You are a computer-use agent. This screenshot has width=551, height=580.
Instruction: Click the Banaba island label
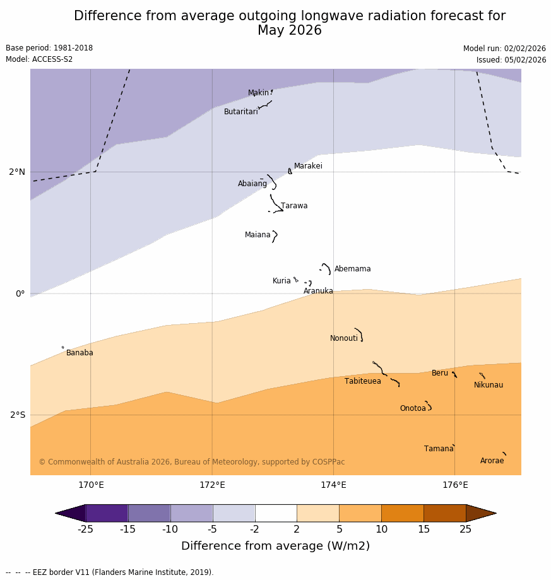click(80, 353)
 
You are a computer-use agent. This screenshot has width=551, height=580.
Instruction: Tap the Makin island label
click(258, 93)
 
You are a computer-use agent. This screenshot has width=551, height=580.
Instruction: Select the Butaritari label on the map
click(240, 112)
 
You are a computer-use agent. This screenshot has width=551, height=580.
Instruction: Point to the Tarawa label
click(294, 206)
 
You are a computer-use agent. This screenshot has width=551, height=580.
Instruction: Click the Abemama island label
click(352, 269)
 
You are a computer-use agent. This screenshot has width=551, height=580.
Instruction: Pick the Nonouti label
click(343, 338)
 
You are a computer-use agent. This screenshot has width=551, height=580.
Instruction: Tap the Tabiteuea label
click(362, 381)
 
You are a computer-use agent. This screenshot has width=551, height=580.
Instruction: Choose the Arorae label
click(492, 461)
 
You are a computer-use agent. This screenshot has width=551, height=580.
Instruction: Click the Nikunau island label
click(488, 385)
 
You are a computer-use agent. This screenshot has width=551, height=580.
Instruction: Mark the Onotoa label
click(412, 408)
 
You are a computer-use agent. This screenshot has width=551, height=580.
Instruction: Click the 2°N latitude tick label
click(17, 172)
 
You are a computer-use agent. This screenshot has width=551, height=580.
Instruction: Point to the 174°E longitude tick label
click(333, 485)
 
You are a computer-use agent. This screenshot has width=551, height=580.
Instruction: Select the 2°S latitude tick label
click(18, 415)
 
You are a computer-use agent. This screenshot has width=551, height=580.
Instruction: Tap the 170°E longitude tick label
click(91, 485)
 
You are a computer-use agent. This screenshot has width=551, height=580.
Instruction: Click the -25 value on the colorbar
click(85, 530)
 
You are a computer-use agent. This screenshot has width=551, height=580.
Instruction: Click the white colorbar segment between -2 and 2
click(276, 513)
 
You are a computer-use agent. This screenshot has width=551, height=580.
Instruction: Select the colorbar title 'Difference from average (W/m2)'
click(275, 546)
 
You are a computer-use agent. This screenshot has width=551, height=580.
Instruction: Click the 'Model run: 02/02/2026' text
click(504, 49)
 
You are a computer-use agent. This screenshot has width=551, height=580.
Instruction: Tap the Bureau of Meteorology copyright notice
click(192, 462)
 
